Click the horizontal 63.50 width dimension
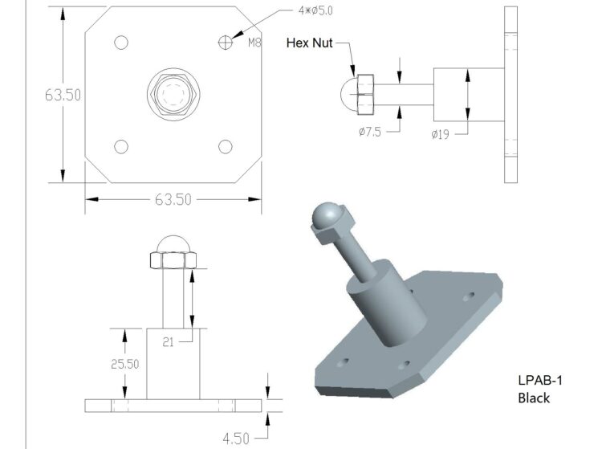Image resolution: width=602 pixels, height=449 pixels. (x=173, y=199)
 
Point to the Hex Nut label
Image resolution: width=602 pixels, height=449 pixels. (x=309, y=43)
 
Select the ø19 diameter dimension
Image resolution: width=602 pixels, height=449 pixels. (x=441, y=134)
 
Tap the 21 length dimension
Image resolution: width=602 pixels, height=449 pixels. (x=169, y=341)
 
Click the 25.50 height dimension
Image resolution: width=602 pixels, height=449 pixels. (x=124, y=364)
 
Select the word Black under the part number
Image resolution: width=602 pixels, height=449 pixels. (x=534, y=398)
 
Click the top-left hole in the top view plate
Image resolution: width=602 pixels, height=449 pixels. (x=121, y=43)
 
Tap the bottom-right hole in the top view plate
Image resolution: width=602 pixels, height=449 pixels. (x=226, y=146)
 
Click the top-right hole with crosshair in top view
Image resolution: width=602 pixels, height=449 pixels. (x=226, y=42)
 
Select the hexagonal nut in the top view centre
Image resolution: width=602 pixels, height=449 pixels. (x=173, y=95)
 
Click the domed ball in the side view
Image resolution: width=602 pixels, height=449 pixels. (x=350, y=95)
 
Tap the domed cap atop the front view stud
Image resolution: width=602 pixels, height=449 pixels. (x=173, y=244)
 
